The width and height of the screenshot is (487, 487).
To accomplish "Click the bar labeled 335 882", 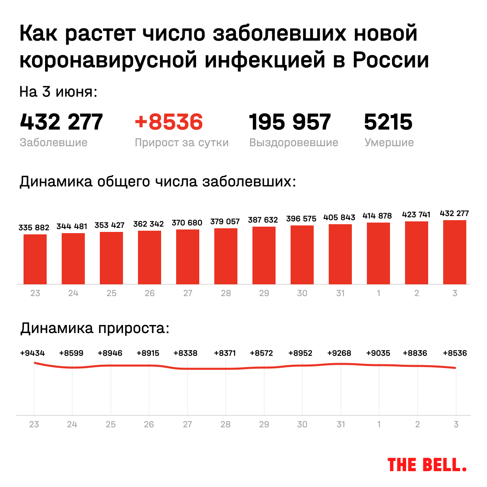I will tap(35, 259).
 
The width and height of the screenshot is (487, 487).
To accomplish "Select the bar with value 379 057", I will tap(226, 256).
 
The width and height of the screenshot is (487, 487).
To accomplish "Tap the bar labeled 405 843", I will tap(340, 254).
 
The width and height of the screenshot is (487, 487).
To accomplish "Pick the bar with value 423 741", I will tap(416, 253).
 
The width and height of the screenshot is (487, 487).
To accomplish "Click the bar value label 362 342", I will tap(149, 224).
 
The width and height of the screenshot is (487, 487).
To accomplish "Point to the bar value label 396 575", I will tap(301, 219).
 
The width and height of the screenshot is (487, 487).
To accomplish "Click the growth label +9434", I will tap(32, 353).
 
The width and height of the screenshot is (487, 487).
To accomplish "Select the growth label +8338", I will tap(185, 353).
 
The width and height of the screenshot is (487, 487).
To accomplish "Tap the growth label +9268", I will tap(339, 353).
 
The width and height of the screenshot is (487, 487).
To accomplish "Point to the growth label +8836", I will tap(415, 353).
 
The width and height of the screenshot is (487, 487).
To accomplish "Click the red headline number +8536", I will tap(169, 122).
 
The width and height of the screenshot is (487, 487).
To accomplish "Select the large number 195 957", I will tap(290, 122).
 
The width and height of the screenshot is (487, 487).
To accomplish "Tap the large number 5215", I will tap(388, 122).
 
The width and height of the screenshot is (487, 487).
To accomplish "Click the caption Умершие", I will tap(389, 143).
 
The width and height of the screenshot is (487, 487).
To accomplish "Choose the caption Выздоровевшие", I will tap(294, 143).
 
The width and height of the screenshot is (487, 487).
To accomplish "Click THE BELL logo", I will tap(427, 465).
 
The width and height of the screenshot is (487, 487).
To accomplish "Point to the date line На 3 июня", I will tap(58, 92).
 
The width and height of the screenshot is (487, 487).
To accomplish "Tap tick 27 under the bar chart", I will tap(187, 293).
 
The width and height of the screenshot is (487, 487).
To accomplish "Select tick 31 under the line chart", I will tap(341, 424).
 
